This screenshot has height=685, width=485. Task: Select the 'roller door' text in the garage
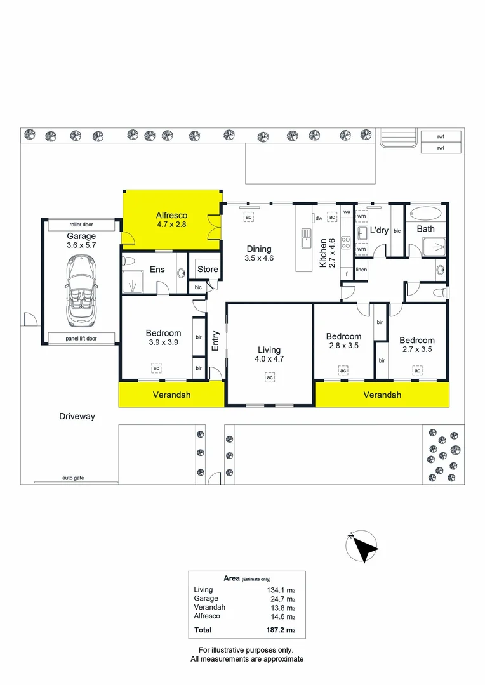[79, 225]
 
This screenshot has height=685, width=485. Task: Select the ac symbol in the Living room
[269, 378]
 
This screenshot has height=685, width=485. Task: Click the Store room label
[208, 270]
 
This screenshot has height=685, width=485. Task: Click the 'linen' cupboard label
[361, 270]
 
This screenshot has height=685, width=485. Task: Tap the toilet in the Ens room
[130, 262]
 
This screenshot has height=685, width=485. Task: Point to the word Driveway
[77, 417]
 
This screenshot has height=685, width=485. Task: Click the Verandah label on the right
[382, 395]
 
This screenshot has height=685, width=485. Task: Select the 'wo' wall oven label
[347, 212]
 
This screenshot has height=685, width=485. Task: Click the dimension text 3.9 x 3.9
[163, 342]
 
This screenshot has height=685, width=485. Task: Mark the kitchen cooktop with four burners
[347, 241]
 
